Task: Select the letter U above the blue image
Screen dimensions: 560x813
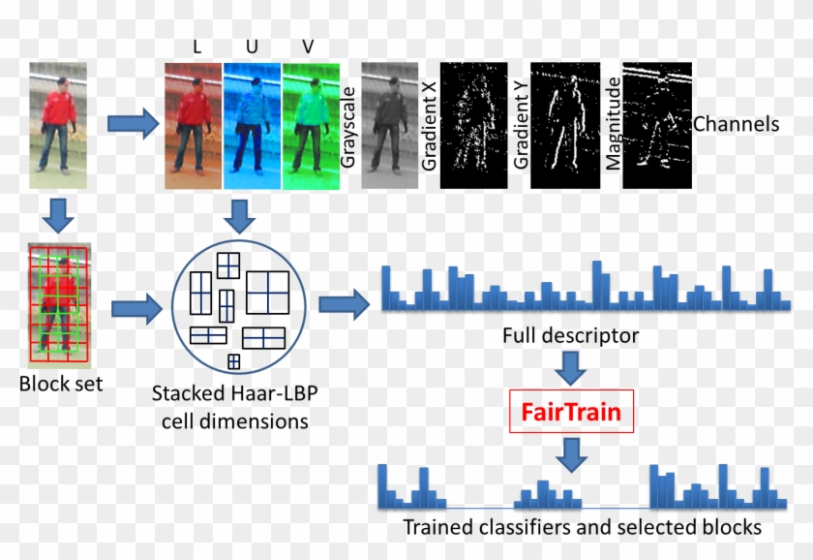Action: pyautogui.click(x=252, y=46)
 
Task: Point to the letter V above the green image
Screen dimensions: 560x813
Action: pyautogui.click(x=309, y=46)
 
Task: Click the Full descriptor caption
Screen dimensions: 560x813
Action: pyautogui.click(x=570, y=337)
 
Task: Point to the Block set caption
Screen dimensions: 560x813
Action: pyautogui.click(x=61, y=384)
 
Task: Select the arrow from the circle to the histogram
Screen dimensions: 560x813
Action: pyautogui.click(x=345, y=305)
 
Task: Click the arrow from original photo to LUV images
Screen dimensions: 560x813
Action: pyautogui.click(x=132, y=124)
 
